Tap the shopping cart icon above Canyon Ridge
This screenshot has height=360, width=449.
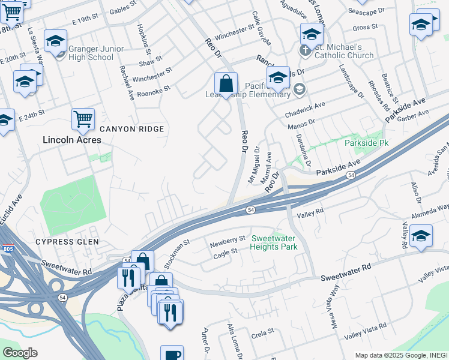click(x=83, y=118)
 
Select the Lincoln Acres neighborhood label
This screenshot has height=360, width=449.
click(x=71, y=140)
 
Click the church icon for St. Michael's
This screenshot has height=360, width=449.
click(x=306, y=48)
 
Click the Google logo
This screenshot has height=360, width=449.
click(x=19, y=352)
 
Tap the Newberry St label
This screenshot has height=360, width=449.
click(x=228, y=242)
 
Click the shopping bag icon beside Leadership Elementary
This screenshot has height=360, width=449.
click(x=226, y=83)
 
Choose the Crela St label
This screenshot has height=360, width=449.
click(x=262, y=331)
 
